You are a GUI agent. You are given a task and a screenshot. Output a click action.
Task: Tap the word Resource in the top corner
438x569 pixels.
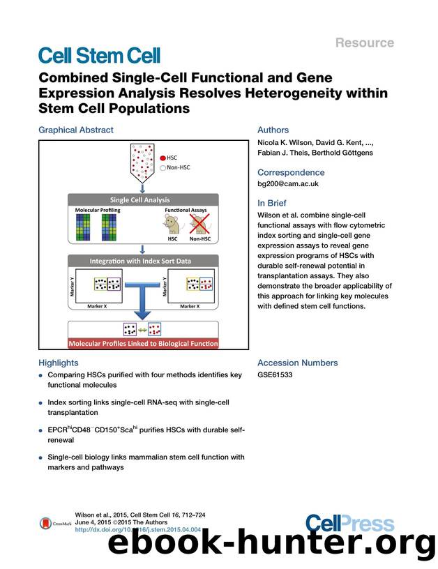365,43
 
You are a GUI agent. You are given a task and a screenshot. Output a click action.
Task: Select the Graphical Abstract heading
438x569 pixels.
75,130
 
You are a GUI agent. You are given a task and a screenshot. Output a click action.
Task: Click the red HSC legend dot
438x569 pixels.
163,158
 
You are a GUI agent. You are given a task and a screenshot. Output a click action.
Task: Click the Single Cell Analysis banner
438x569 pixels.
142,199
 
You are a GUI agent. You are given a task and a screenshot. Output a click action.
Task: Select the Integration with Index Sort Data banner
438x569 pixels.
142,260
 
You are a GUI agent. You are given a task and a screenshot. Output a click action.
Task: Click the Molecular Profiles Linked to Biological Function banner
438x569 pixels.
142,343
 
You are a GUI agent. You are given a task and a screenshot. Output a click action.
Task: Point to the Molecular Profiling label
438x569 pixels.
97,210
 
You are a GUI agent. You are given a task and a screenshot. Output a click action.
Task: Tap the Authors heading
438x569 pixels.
273,130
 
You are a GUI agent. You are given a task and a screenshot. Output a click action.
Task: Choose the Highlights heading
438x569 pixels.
61,363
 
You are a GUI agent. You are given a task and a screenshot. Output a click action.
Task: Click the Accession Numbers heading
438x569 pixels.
297,363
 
